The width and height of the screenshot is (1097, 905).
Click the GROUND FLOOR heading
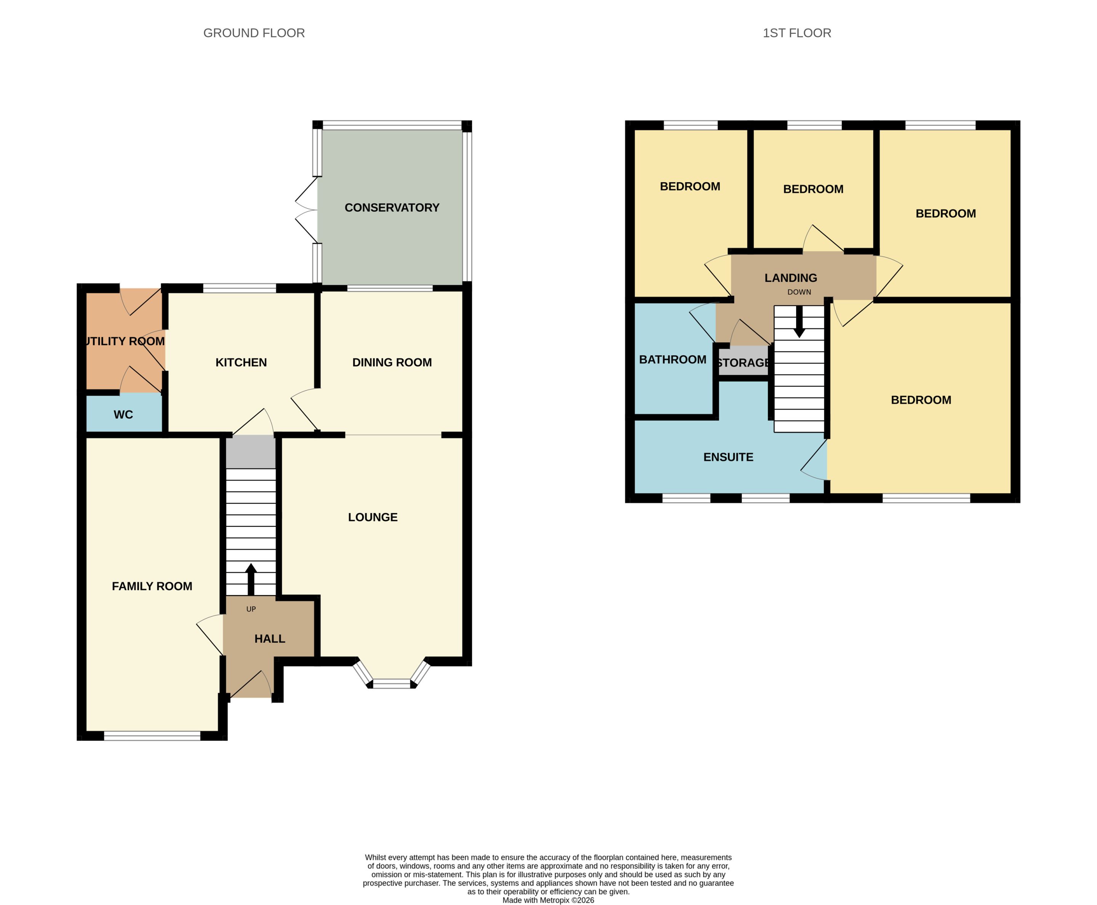(254, 33)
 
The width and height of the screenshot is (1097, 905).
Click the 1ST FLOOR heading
(796, 33)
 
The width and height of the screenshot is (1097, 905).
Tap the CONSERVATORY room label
(392, 207)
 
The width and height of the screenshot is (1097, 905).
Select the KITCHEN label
(241, 362)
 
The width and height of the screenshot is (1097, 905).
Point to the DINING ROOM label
(392, 362)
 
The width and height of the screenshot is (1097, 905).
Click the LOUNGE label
(373, 517)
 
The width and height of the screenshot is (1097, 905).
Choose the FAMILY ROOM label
(152, 586)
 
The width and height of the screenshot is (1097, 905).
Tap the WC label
(123, 415)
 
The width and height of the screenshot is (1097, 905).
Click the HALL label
(270, 638)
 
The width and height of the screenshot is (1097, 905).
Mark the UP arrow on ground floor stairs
(251, 579)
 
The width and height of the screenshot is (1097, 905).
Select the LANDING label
(791, 278)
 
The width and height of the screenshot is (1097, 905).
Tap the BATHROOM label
(672, 359)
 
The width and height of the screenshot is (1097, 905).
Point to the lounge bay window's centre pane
(392, 683)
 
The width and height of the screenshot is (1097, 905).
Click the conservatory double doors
(307, 210)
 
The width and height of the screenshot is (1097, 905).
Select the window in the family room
(152, 736)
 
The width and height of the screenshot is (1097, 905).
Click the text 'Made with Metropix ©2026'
(548, 900)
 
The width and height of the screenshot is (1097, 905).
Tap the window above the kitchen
(240, 288)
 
